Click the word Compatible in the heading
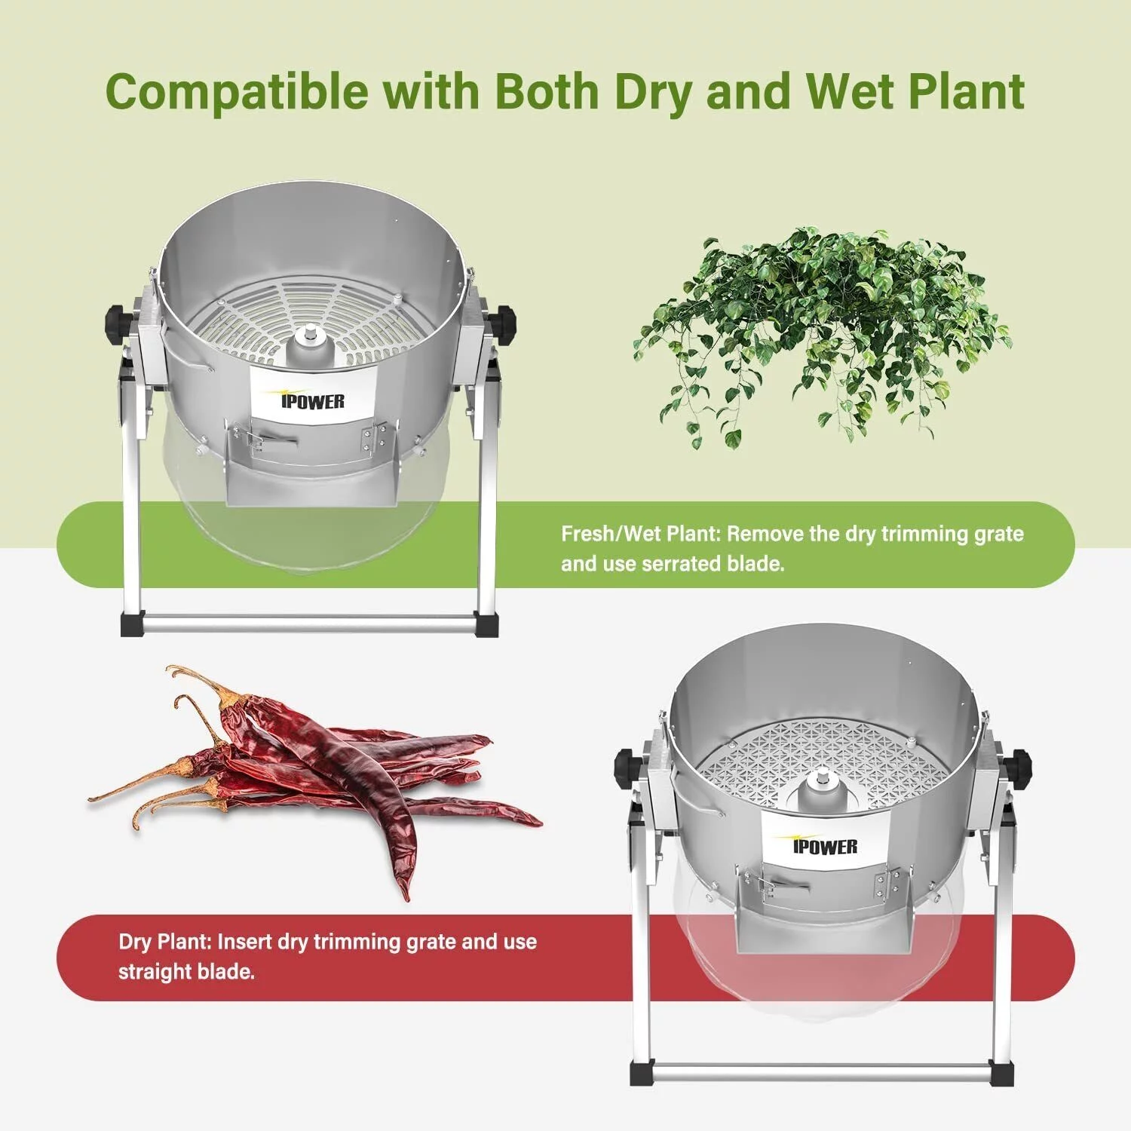tap(237, 92)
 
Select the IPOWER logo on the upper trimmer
tap(312, 401)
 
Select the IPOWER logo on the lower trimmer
tap(825, 846)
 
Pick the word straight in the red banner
tap(155, 972)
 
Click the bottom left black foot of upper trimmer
tap(130, 625)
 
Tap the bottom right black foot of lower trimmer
tap(1001, 1074)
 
